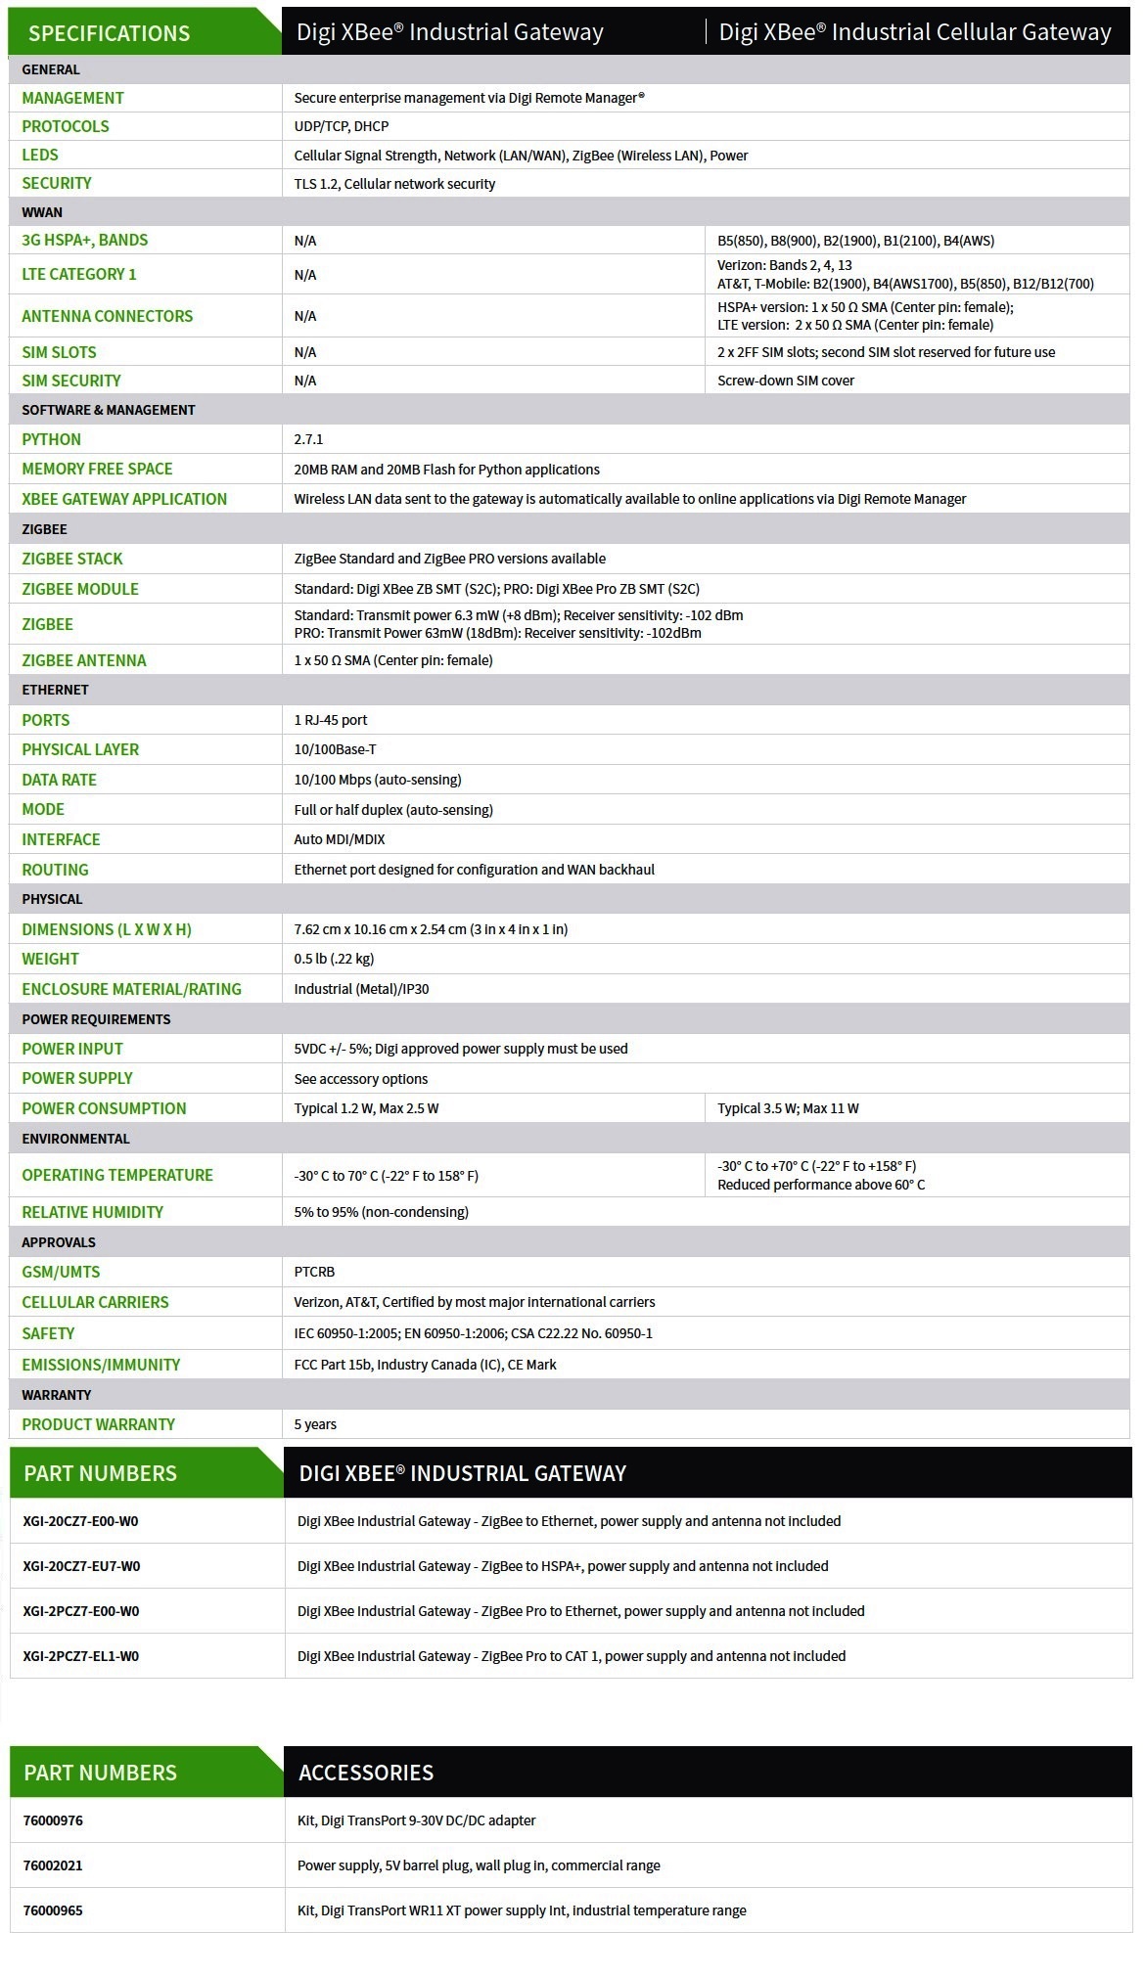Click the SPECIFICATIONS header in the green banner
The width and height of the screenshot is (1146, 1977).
pos(109,33)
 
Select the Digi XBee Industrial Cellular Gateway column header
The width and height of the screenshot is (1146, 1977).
pos(914,32)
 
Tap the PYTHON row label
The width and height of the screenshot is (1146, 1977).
pos(51,439)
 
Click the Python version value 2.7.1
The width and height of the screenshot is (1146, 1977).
pos(308,440)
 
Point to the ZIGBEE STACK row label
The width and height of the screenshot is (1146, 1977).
pos(72,559)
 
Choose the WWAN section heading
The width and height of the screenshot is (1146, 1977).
pos(42,212)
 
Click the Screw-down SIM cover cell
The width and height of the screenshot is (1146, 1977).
pos(785,381)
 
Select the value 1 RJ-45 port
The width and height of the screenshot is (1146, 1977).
pos(331,720)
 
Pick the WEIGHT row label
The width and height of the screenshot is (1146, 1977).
pos(50,959)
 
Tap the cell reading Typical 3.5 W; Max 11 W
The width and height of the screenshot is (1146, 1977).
pos(788,1108)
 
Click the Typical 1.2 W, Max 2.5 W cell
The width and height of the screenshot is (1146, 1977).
pos(366,1108)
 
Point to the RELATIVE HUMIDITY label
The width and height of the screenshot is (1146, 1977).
pos(92,1212)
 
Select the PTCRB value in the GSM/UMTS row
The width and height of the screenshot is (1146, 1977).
pos(314,1272)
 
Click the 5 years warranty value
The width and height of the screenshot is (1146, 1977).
pos(315,1424)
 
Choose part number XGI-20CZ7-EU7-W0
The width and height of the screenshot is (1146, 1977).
pos(81,1566)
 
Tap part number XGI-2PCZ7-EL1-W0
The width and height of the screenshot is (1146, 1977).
pos(81,1656)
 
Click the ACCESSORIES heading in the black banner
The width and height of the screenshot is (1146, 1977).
pos(366,1773)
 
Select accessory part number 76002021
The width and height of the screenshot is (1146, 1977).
pos(53,1865)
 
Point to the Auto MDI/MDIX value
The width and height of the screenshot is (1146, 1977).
pos(340,839)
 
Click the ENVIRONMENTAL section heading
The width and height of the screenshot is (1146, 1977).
pos(75,1139)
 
